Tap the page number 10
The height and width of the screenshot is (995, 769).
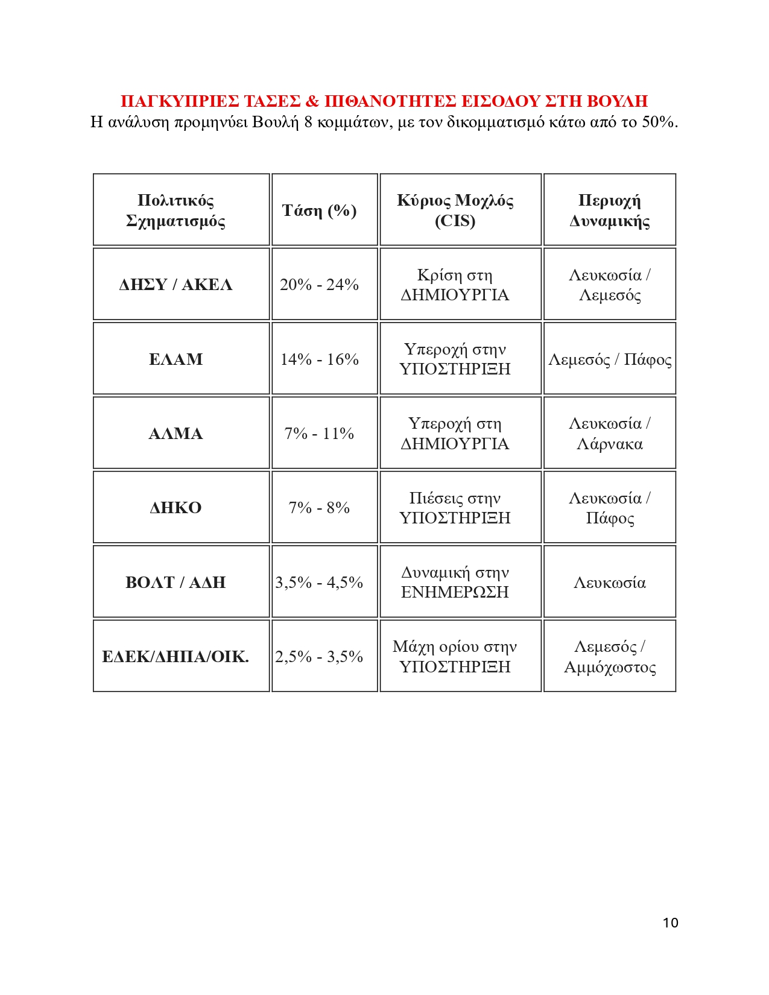[x=670, y=923]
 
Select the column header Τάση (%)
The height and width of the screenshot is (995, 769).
[x=319, y=210]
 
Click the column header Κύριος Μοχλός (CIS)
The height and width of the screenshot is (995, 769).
[x=455, y=210]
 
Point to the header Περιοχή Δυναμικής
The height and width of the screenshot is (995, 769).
[x=609, y=210]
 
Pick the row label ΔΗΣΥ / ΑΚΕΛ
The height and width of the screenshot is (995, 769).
[x=176, y=285]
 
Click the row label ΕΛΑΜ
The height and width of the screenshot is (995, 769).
[x=176, y=359]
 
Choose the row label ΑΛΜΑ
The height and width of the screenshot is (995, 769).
[x=176, y=434]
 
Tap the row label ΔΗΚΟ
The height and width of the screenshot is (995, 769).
[x=176, y=508]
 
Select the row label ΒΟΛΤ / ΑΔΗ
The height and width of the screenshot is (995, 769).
[x=176, y=583]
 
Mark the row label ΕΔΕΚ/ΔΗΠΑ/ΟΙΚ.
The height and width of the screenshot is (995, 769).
[x=176, y=657]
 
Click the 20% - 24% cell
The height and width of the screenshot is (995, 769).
[x=319, y=285]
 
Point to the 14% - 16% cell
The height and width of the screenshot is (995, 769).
[x=319, y=359]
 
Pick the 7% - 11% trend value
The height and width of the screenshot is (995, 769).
[x=319, y=434]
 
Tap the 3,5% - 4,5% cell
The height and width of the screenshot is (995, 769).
[x=319, y=583]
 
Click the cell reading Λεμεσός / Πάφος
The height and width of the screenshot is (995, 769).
[x=609, y=360]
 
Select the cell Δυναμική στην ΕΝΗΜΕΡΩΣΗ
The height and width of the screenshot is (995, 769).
[x=455, y=582]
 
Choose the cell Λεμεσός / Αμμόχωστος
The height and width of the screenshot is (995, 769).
[x=609, y=657]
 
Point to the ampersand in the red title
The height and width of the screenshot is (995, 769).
[x=312, y=101]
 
